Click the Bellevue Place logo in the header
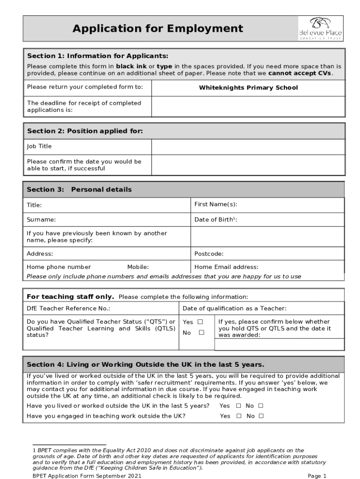pyautogui.click(x=320, y=29)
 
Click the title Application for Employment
pyautogui.click(x=158, y=29)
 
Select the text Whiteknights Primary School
pyautogui.click(x=248, y=88)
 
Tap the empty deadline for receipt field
pyautogui.click(x=248, y=107)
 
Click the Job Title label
pyautogui.click(x=39, y=146)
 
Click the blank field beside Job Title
pyautogui.click(x=248, y=146)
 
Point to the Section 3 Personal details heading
pyautogui.click(x=79, y=189)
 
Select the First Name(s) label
pyautogui.click(x=216, y=205)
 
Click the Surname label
pyautogui.click(x=41, y=219)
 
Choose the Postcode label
pyautogui.click(x=209, y=254)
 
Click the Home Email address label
pyautogui.click(x=226, y=267)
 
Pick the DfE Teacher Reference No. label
pyautogui.click(x=68, y=308)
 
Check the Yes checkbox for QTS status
pyautogui.click(x=200, y=322)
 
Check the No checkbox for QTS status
pyautogui.click(x=201, y=333)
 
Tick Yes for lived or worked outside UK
pyautogui.click(x=238, y=406)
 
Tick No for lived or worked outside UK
pyautogui.click(x=261, y=406)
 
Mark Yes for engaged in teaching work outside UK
pyautogui.click(x=238, y=416)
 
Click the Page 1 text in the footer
pyautogui.click(x=317, y=476)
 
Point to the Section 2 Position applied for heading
pyautogui.click(x=85, y=131)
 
